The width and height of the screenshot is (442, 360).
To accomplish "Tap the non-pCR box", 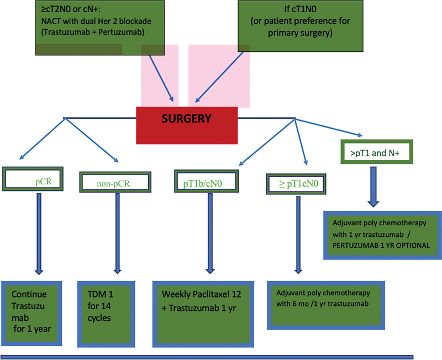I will (115, 181).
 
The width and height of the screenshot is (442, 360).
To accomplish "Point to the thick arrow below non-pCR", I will (117, 232).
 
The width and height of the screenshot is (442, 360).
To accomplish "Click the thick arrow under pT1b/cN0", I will (209, 232).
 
